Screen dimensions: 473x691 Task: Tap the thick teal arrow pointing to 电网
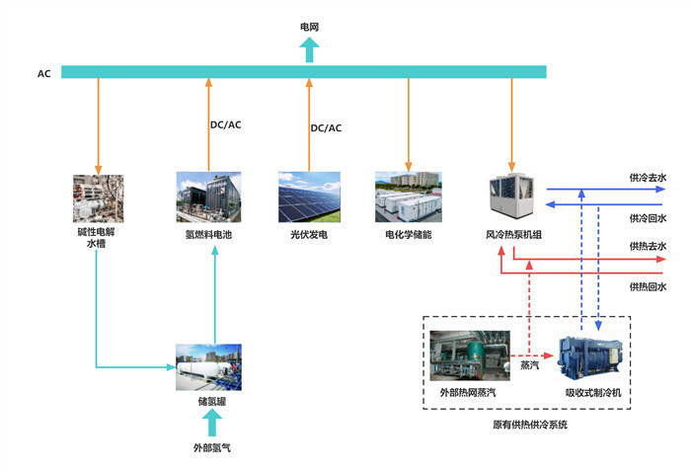(x=309, y=49)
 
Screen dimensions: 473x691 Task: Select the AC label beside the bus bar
(x=43, y=73)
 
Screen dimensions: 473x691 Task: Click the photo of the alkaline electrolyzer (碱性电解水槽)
(x=98, y=197)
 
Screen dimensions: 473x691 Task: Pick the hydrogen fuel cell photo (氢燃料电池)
(x=208, y=197)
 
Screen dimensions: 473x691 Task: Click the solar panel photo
(x=308, y=197)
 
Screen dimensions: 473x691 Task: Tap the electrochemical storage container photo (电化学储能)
(x=408, y=197)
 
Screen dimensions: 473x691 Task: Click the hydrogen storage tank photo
(x=208, y=366)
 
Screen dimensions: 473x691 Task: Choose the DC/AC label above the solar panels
(x=326, y=128)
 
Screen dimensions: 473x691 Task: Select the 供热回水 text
(x=648, y=286)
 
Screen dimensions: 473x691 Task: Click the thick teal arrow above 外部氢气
(x=208, y=423)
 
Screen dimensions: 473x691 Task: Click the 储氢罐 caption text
(x=208, y=402)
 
